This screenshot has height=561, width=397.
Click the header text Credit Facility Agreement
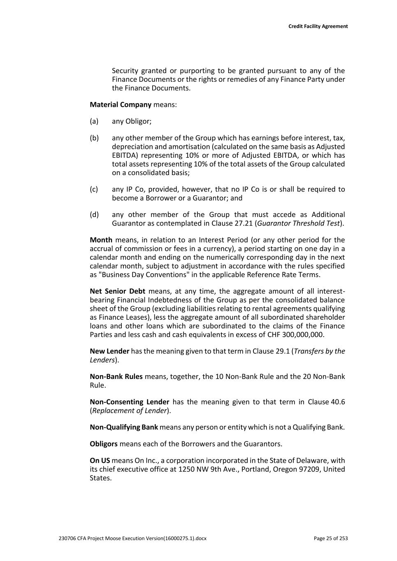click(x=318, y=26)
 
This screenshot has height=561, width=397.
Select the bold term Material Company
click(x=121, y=104)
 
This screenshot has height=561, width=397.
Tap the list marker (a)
click(x=94, y=121)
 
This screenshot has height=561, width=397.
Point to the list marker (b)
click(x=94, y=138)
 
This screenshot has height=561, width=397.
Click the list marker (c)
click(x=94, y=189)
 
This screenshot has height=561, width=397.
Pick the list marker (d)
click(x=94, y=215)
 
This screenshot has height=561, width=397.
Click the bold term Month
click(x=101, y=240)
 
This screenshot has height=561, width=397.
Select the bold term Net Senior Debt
click(x=117, y=291)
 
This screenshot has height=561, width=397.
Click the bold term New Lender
click(x=109, y=351)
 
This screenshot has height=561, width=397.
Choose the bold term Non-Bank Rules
click(x=116, y=376)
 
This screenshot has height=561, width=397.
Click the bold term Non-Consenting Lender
click(x=129, y=402)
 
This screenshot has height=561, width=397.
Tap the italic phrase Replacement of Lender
click(x=129, y=411)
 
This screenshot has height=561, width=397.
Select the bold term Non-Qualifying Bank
click(x=124, y=427)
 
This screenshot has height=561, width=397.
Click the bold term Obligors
click(x=104, y=444)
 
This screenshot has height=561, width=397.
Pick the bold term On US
click(x=100, y=461)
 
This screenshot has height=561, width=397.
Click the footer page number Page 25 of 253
click(x=330, y=538)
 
